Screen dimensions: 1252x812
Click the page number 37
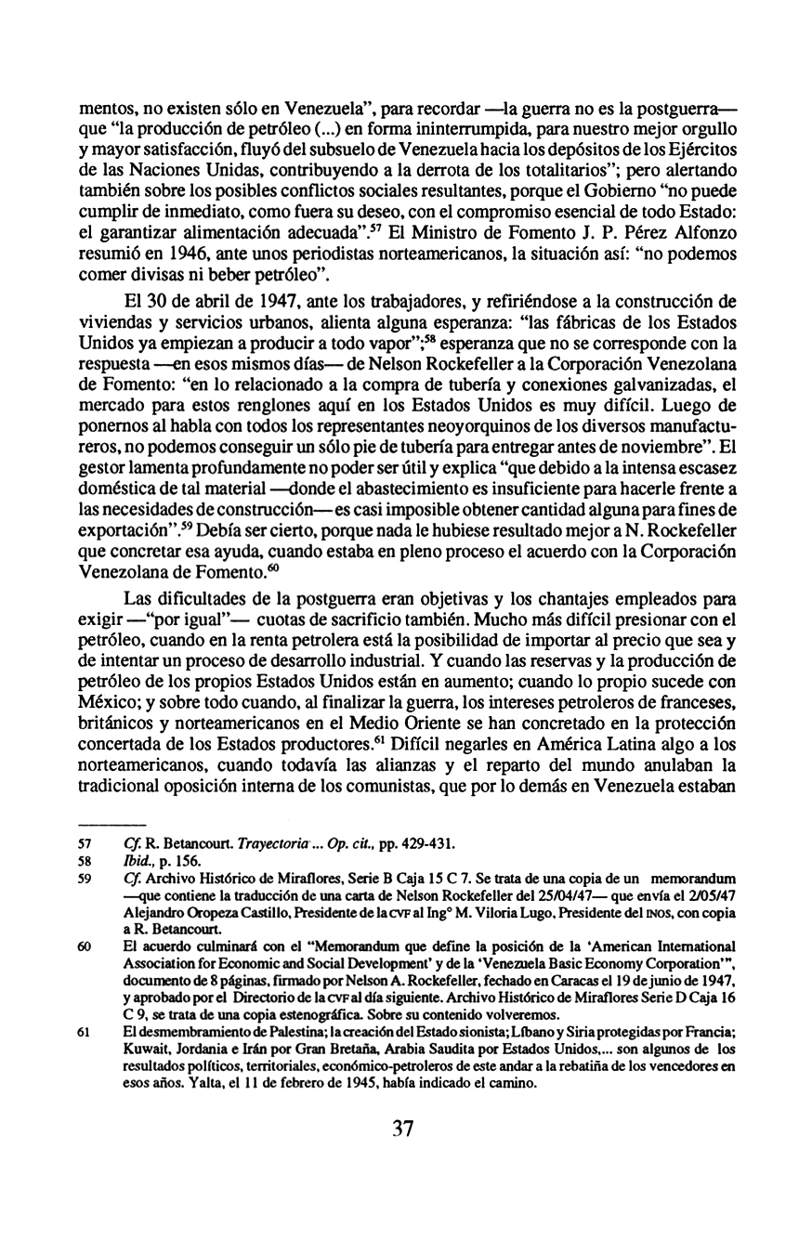(402, 1128)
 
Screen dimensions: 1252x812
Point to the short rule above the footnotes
(111, 825)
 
